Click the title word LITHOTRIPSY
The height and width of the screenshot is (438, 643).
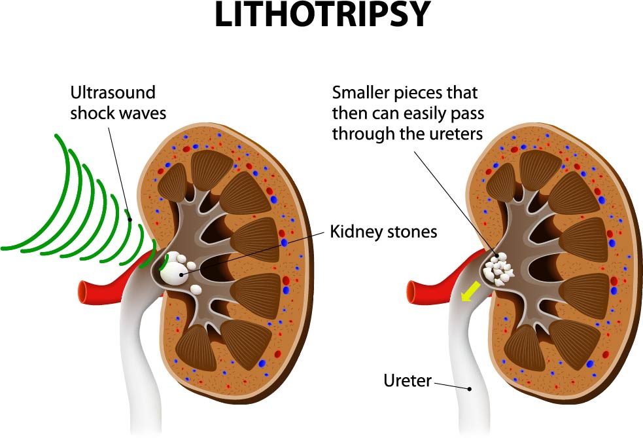[322, 14]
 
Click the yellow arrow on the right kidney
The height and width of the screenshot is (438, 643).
[470, 291]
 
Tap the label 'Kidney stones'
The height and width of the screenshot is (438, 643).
[383, 232]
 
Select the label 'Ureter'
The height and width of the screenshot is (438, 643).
[408, 380]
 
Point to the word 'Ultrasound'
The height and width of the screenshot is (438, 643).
[113, 92]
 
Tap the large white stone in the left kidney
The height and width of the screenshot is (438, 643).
[174, 272]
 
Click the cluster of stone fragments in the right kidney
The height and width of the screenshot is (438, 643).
[497, 270]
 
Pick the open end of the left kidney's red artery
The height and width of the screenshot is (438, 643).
[83, 291]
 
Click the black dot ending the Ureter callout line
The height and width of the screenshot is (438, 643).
[470, 388]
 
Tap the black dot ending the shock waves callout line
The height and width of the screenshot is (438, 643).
[130, 219]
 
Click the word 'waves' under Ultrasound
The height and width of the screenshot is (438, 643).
[143, 113]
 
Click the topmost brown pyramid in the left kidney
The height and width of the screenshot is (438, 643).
[211, 168]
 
